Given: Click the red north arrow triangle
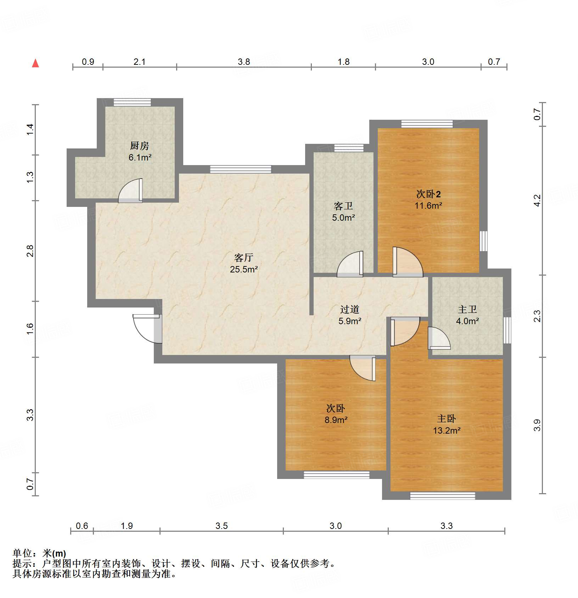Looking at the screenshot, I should pos(35,63).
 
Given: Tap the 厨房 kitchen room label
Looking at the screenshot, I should pos(139,146).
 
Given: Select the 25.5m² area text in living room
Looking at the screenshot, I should pos(244,269).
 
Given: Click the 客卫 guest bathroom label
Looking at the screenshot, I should pos(343,206).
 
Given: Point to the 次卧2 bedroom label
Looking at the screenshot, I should pos(428,194).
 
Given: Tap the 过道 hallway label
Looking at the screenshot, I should pos(349,309).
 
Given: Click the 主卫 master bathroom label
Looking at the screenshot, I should pos(467,309).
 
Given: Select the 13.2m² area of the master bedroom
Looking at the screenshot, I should pos(447,430).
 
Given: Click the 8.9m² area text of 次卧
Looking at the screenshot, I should pos(336,420).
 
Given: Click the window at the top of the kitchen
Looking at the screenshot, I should pos(132,102).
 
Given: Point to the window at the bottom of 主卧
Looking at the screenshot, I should pos(442,496).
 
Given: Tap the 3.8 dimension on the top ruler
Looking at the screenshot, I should pos(244,62).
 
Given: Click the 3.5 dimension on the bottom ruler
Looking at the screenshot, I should pos(221,526).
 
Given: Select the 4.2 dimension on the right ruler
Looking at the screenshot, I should pos(537,201).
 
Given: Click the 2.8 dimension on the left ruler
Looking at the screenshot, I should pos(30,251).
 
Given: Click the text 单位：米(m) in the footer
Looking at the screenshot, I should pos(39,553).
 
